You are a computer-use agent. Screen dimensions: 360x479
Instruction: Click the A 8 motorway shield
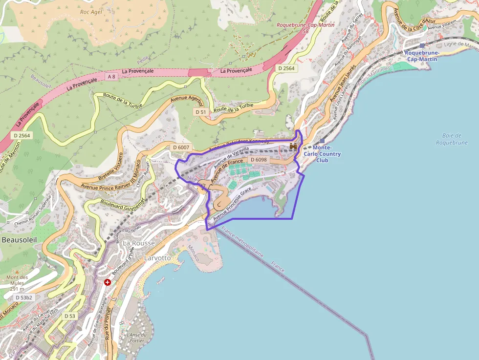[x=112, y=77]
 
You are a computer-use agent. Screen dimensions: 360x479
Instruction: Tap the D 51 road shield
[x=200, y=112]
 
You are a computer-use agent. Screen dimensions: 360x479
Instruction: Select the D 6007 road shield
[x=180, y=148]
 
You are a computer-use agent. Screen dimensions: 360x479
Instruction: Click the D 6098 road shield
[x=258, y=160]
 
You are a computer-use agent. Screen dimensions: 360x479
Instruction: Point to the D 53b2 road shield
[x=23, y=297]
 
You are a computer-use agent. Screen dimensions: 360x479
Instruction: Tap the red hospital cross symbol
[x=108, y=282]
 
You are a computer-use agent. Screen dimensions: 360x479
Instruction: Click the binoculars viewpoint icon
[x=293, y=146]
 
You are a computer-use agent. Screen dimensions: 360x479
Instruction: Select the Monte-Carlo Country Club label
[x=322, y=154]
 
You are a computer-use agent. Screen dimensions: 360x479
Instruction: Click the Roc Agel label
[x=90, y=11]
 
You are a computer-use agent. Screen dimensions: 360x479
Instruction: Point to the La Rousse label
[x=138, y=243]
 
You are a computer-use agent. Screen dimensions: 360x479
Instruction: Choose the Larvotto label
[x=157, y=257]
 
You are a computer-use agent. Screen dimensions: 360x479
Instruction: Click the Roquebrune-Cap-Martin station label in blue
[x=422, y=56]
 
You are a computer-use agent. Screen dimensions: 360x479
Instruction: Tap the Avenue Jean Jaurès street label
[x=342, y=84]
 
